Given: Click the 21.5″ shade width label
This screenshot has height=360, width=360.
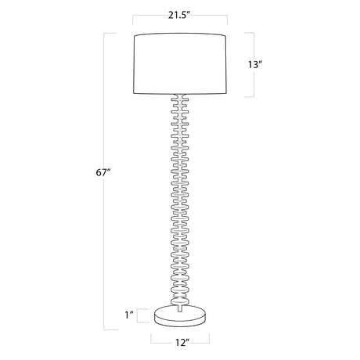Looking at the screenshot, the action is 178,15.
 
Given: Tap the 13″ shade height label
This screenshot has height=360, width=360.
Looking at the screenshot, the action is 254,64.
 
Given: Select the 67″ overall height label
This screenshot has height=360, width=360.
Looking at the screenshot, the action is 103,172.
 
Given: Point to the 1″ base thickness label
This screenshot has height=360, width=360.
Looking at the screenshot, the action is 129,315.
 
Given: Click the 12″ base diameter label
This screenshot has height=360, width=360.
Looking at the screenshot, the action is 182,342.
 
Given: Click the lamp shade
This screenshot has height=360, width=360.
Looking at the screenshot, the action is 180,63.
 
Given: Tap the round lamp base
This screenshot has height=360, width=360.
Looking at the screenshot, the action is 180,316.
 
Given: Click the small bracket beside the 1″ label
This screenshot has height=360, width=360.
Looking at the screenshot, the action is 138,315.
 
